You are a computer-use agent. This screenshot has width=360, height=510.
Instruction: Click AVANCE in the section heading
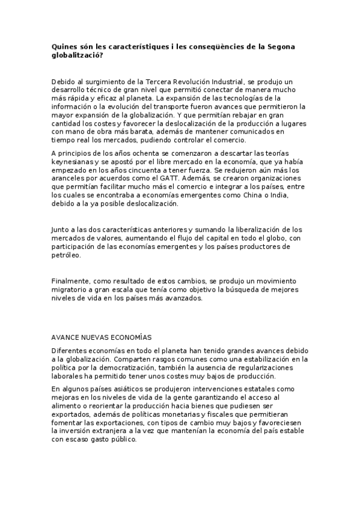pos(66,337)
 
